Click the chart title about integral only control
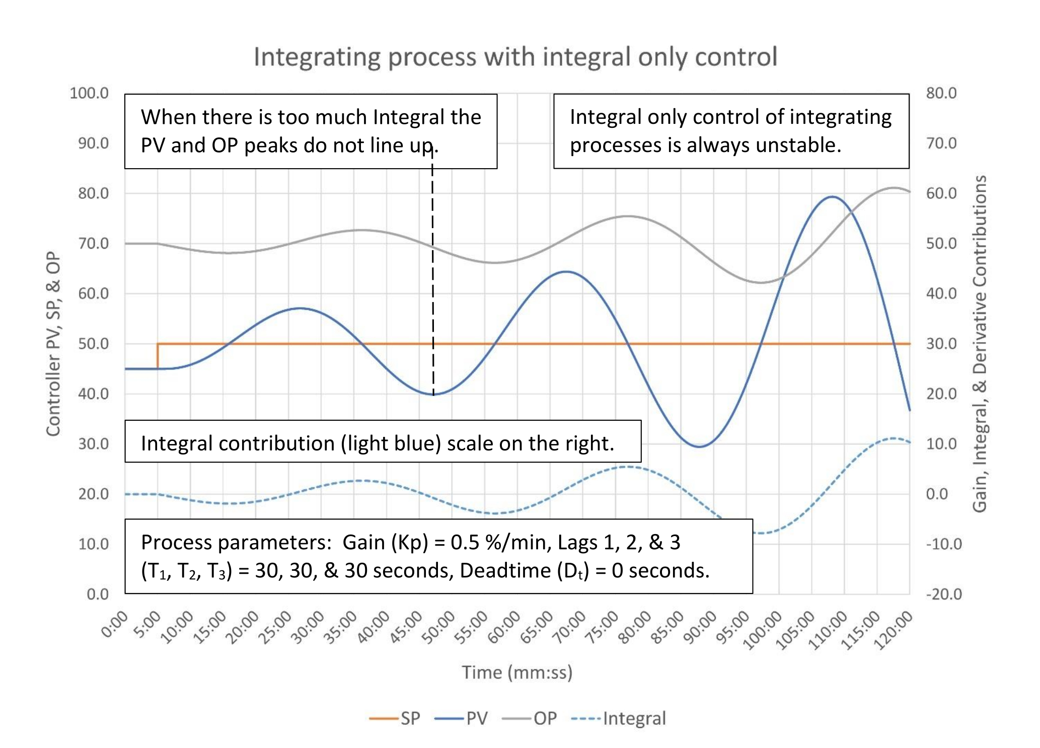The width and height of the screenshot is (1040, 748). (x=515, y=57)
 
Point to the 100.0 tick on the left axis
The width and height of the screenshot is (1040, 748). (x=89, y=93)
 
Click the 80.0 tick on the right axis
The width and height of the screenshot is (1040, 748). (x=941, y=93)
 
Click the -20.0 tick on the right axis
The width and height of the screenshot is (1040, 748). (x=943, y=594)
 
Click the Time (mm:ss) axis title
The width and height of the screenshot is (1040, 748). (x=517, y=672)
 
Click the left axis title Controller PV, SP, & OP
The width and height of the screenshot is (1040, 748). (x=53, y=344)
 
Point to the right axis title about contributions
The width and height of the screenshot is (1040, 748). (x=979, y=344)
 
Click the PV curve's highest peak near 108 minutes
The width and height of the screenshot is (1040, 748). (x=832, y=197)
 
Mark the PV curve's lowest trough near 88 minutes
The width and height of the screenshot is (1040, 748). (x=699, y=446)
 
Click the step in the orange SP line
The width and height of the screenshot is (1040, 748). (x=158, y=356)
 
